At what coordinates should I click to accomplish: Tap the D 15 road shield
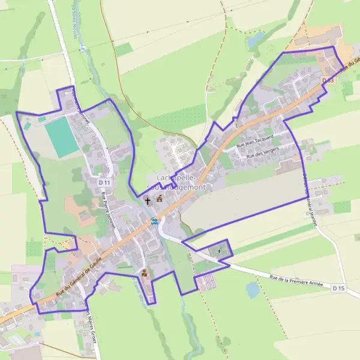coord(338,289)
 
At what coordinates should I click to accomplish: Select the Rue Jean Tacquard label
coord(255,142)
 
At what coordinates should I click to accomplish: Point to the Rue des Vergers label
coord(263,154)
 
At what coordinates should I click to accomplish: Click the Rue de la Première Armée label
coord(296,281)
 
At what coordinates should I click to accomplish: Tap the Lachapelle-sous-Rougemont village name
coord(181,182)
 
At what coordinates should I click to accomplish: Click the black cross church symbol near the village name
coord(148,201)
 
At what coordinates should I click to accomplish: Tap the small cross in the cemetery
coord(218,250)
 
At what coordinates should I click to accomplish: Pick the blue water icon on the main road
coord(155,221)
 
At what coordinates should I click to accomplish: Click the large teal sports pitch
coord(62,137)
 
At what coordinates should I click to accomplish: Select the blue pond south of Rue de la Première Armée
coord(253,290)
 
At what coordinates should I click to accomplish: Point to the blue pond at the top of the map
coord(255,40)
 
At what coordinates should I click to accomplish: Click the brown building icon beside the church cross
coord(160,199)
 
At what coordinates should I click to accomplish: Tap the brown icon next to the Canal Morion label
coord(144,273)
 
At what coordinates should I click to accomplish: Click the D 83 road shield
coord(327,80)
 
